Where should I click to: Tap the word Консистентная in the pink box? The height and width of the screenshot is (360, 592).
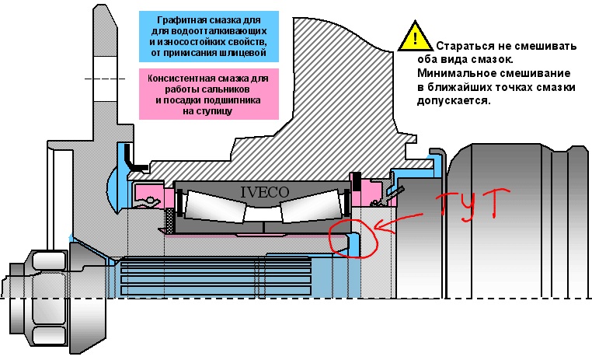[x=184, y=78]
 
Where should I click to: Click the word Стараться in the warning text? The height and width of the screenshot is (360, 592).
[x=465, y=46]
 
